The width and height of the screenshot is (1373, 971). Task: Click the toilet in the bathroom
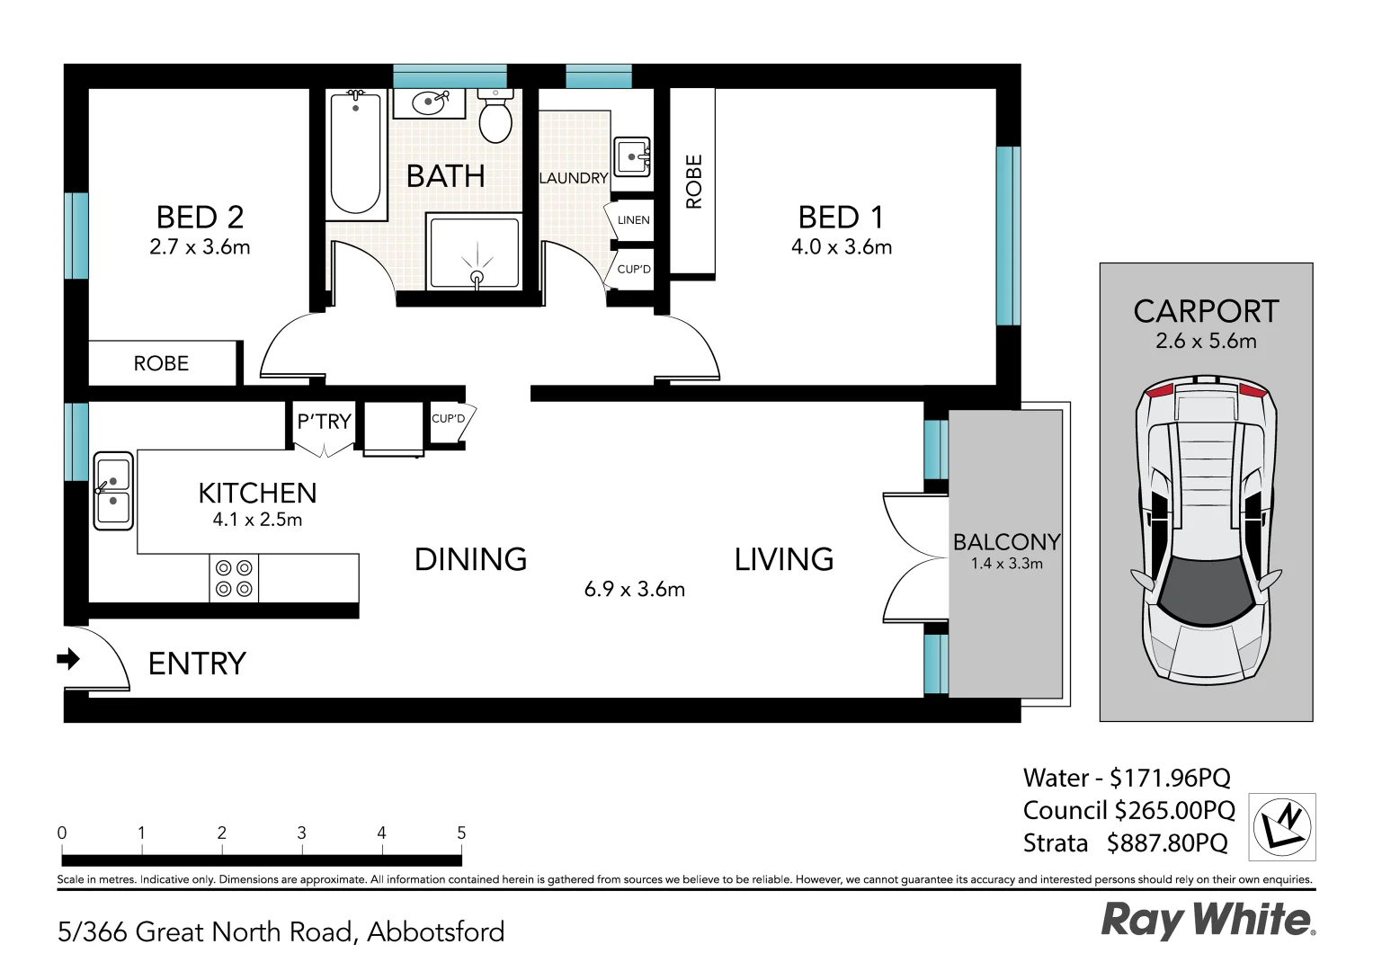coord(495,118)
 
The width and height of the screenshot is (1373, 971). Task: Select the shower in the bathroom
coord(475,253)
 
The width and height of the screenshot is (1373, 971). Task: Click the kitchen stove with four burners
coord(234,578)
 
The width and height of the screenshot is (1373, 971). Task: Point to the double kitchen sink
coord(113,490)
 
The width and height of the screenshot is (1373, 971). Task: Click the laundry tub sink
coord(632,157)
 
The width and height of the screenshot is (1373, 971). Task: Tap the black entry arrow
coord(68,659)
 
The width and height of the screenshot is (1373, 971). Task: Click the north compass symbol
coord(1282,826)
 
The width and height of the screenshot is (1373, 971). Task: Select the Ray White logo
coord(1207,920)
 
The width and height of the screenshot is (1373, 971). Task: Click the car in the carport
coord(1207,530)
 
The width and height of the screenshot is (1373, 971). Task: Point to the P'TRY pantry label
coord(324,422)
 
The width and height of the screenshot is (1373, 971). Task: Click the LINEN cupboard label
coord(633,220)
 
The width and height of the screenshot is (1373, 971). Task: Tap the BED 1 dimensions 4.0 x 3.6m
coord(842,247)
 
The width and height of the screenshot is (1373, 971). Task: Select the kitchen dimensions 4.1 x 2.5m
coord(257,520)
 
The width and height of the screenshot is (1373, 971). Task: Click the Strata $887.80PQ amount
coord(1167,843)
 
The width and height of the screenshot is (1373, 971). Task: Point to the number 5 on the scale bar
coord(461,833)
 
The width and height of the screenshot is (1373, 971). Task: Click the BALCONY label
coord(1006,542)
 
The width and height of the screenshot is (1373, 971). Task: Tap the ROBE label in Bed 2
coord(161,363)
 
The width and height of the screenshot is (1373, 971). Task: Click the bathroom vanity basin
coord(429,102)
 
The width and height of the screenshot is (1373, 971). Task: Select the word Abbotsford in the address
coord(436,931)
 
